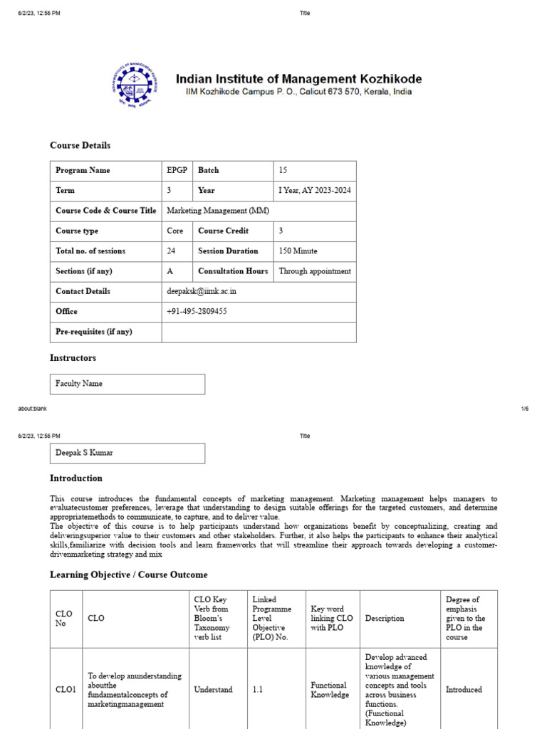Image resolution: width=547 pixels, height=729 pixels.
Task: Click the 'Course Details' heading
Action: click(x=80, y=145)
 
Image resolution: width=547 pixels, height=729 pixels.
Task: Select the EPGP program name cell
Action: click(x=175, y=171)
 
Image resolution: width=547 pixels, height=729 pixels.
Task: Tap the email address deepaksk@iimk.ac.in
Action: click(x=202, y=292)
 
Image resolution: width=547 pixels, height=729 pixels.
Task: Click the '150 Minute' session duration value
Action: click(x=298, y=251)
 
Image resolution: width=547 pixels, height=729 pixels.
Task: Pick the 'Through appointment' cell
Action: click(x=315, y=271)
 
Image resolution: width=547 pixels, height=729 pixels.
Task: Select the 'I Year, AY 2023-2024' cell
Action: click(x=315, y=191)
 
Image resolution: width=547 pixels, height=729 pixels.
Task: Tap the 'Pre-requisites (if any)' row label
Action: click(x=93, y=332)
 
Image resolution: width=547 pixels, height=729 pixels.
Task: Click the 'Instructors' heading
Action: click(x=73, y=358)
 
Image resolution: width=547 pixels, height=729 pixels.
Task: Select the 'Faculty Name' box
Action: click(x=79, y=384)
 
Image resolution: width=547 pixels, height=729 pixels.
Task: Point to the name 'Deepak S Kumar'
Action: click(x=84, y=453)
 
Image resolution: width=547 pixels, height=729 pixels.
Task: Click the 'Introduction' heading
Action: click(x=76, y=478)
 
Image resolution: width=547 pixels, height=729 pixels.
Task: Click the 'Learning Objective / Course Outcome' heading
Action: click(x=129, y=575)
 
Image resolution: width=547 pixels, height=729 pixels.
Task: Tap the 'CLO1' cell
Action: click(x=66, y=690)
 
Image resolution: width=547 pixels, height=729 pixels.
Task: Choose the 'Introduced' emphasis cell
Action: click(x=464, y=690)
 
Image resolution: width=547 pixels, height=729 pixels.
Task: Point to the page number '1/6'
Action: click(x=525, y=409)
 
